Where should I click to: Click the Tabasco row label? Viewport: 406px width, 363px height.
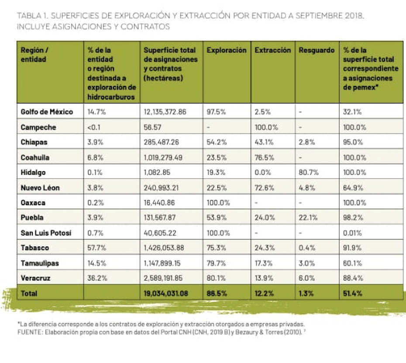[x=34, y=248]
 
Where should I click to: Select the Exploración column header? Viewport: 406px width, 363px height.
[x=226, y=50]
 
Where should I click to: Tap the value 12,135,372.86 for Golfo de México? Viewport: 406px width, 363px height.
[x=165, y=112]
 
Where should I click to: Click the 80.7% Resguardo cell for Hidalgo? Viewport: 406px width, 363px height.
[x=308, y=172]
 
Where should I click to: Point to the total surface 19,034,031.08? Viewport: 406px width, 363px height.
[x=166, y=293]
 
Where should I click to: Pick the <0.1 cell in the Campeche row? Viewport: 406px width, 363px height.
[x=94, y=127]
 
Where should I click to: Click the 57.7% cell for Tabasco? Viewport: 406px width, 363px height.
[x=96, y=248]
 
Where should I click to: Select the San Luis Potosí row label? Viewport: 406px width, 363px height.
[x=46, y=233]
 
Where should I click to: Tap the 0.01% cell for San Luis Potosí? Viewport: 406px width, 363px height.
[x=352, y=233]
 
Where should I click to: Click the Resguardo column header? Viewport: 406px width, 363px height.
[x=317, y=50]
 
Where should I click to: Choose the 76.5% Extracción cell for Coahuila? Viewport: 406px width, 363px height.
[x=264, y=158]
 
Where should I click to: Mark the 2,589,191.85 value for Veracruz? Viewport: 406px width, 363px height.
[x=163, y=278]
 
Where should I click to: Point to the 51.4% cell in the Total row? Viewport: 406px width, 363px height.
[x=352, y=293]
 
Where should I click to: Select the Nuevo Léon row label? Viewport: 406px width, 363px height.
[x=40, y=188]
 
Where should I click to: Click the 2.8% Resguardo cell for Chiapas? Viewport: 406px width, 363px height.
[x=306, y=142]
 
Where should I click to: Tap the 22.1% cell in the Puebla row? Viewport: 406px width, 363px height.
[x=308, y=218]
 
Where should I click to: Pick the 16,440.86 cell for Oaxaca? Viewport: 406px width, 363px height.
[x=159, y=202]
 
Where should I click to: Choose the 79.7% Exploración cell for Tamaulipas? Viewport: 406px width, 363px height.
[x=216, y=263]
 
